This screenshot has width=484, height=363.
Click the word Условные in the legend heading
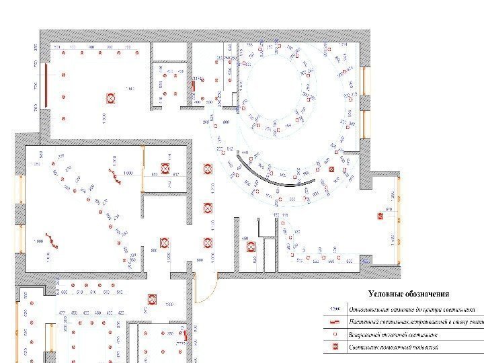(x=386, y=294)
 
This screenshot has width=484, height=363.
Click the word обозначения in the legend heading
(x=428, y=294)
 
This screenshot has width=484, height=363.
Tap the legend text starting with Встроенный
(x=397, y=335)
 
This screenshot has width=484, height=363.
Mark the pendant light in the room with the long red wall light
(x=110, y=98)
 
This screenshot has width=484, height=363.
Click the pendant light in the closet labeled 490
(x=251, y=247)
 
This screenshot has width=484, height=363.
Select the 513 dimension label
(x=155, y=175)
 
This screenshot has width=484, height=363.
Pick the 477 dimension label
(x=63, y=313)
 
